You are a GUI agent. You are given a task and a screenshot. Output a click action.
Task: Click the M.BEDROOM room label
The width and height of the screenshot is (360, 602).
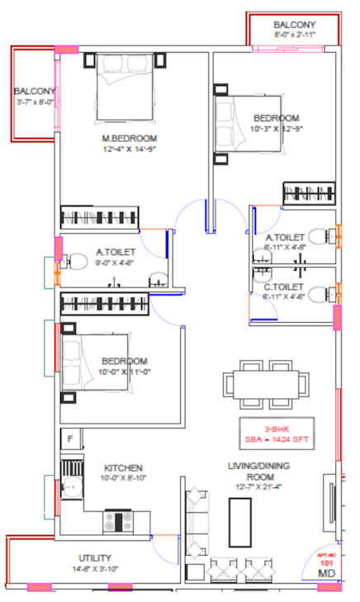click(130, 138)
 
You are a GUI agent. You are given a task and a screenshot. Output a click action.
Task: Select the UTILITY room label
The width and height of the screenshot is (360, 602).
click(95, 558)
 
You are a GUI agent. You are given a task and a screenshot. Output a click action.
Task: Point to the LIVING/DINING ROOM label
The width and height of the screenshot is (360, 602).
click(259, 472)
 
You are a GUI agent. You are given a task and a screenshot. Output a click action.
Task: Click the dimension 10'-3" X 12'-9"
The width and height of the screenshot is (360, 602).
click(277, 130)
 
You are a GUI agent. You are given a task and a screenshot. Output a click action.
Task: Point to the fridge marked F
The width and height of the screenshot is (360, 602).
click(70, 438)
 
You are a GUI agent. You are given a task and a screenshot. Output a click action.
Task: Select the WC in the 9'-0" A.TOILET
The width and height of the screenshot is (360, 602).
click(74, 264)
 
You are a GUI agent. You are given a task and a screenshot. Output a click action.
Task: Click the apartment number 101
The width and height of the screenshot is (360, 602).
click(326, 562)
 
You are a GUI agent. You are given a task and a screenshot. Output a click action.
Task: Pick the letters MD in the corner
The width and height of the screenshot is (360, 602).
click(327, 572)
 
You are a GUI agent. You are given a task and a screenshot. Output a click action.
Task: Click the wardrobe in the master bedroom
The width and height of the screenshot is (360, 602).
click(101, 218)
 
